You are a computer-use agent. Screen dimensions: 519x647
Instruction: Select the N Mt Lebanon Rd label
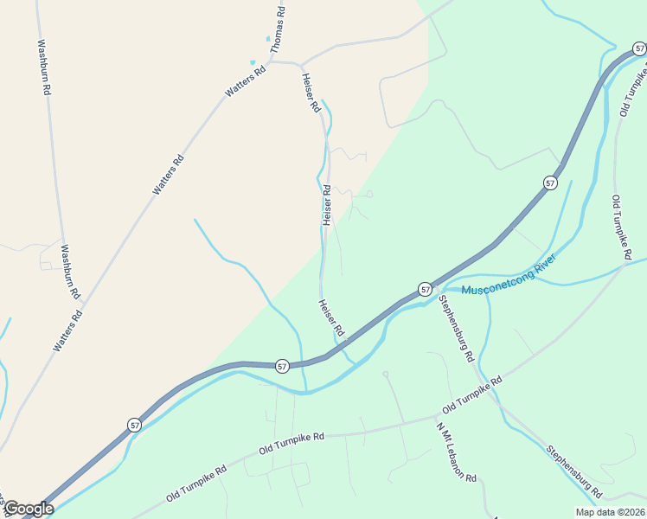coord(457,453)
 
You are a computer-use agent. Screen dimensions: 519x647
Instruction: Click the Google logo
coord(28,509)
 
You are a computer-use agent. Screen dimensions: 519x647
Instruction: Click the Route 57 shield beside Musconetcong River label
coord(425,289)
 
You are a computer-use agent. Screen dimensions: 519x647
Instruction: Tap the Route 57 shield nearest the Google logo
coord(134,425)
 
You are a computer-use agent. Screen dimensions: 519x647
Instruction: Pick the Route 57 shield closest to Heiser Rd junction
coord(283,367)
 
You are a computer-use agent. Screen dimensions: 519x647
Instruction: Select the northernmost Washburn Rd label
coord(43,67)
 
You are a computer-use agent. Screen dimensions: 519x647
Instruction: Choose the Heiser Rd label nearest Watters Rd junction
coord(311,93)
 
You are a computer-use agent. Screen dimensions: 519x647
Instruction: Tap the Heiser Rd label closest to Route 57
coord(331,318)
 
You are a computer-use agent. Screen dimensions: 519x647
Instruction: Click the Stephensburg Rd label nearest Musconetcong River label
coord(456,328)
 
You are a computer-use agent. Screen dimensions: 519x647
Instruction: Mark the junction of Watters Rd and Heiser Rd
coord(299,64)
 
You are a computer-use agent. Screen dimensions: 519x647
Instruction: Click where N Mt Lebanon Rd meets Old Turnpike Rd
coord(436,416)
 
